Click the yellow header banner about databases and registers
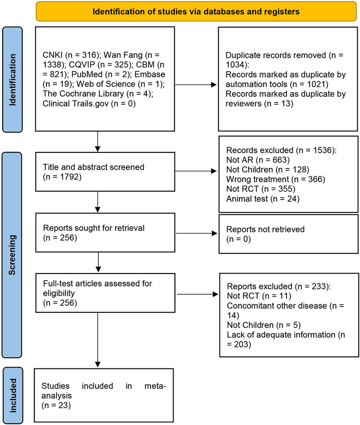tap(196, 11)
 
